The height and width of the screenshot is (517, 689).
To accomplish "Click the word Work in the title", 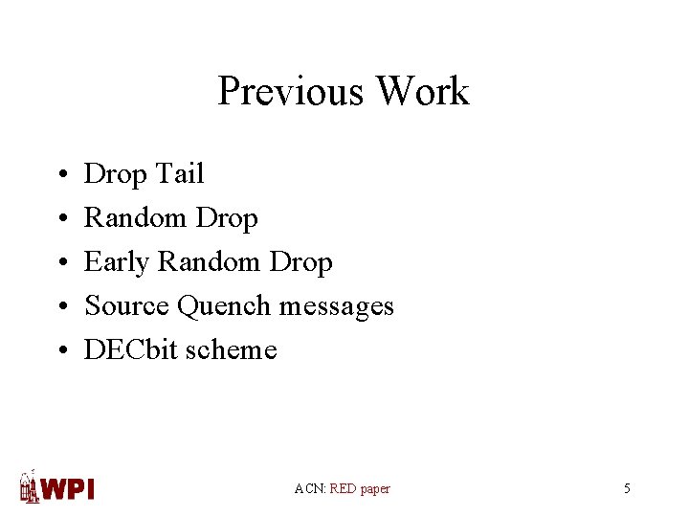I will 422,91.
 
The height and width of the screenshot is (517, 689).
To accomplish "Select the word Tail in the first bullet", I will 177,173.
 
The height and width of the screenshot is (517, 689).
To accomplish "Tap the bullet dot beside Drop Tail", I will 60,175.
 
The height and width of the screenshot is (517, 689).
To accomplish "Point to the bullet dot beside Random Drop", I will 60,219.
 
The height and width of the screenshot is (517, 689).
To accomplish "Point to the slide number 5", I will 627,488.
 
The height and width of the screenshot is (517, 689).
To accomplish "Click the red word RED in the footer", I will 343,488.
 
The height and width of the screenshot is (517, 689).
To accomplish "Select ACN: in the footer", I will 310,488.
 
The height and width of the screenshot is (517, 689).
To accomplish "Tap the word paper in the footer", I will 375,489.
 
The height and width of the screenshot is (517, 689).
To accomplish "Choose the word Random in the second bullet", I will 136,218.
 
